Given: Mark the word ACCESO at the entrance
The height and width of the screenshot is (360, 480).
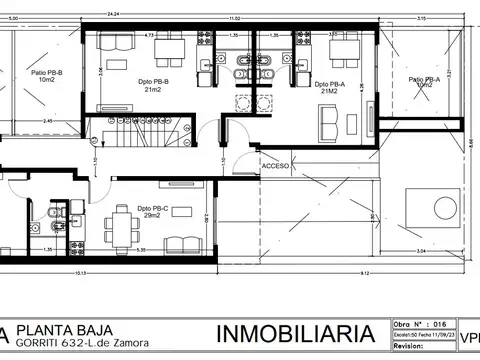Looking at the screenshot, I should click(275, 165).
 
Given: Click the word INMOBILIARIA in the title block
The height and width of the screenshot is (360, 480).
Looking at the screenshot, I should click(296, 333).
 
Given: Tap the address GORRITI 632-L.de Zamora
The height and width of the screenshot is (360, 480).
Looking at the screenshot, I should click(86, 344).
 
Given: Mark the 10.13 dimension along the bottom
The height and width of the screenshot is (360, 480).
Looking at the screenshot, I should click(79, 271).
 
